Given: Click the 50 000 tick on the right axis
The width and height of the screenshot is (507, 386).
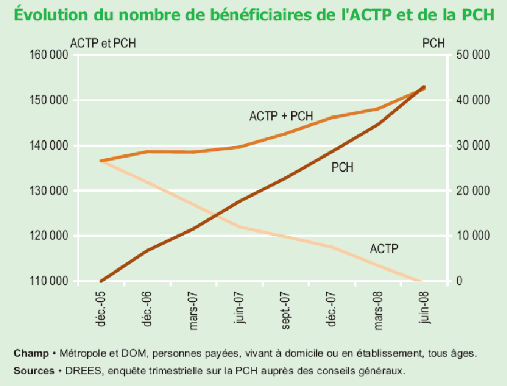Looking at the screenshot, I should (473, 55).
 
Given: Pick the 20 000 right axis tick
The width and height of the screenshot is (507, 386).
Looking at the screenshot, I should (473, 191).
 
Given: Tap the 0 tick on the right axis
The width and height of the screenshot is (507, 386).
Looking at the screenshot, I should (459, 281).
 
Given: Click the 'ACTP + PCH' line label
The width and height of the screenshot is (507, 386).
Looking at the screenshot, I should (281, 117).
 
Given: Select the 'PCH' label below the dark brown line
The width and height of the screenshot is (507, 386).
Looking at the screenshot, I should (343, 167).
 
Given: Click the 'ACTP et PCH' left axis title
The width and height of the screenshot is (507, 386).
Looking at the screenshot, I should (103, 43).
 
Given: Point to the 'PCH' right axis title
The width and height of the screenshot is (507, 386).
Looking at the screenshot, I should (434, 43).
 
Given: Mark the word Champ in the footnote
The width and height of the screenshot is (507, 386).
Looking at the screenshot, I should (31, 354).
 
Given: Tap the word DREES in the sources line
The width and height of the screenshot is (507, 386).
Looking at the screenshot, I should (79, 371).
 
